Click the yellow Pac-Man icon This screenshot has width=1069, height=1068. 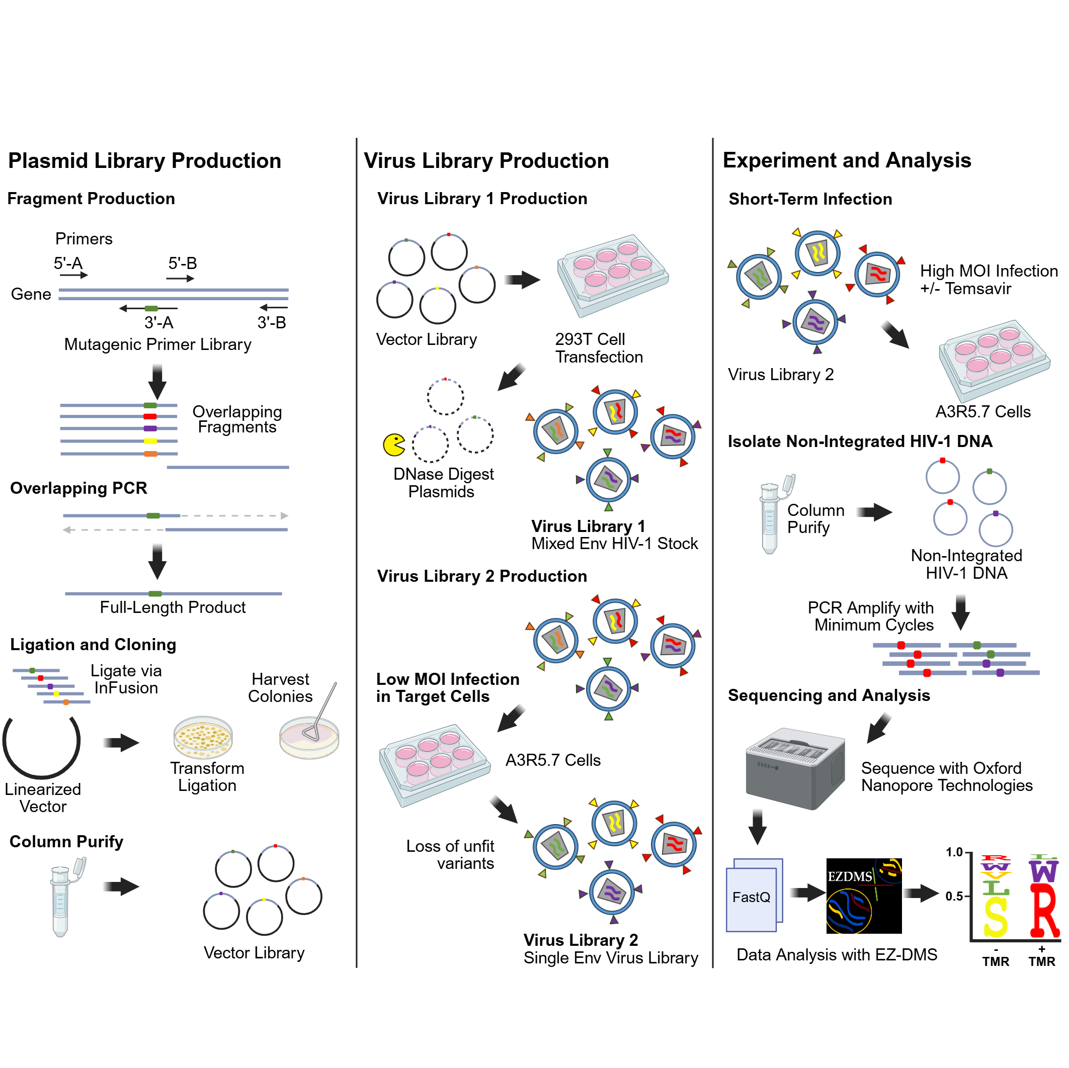393,444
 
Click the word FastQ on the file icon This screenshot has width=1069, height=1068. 751,897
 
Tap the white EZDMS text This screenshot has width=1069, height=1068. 849,876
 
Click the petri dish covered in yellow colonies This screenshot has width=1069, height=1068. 203,737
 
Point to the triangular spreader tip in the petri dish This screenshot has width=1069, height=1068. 311,733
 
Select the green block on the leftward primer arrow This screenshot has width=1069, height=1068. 151,309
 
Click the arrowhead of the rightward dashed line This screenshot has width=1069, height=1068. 284,515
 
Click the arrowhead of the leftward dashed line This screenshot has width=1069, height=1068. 66,530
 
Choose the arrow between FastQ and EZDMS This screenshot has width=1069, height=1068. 807,892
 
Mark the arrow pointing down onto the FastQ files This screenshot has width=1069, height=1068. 757,826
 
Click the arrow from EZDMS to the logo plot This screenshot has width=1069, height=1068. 920,893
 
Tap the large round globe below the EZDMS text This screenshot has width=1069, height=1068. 848,911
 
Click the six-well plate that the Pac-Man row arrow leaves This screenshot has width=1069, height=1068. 613,276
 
